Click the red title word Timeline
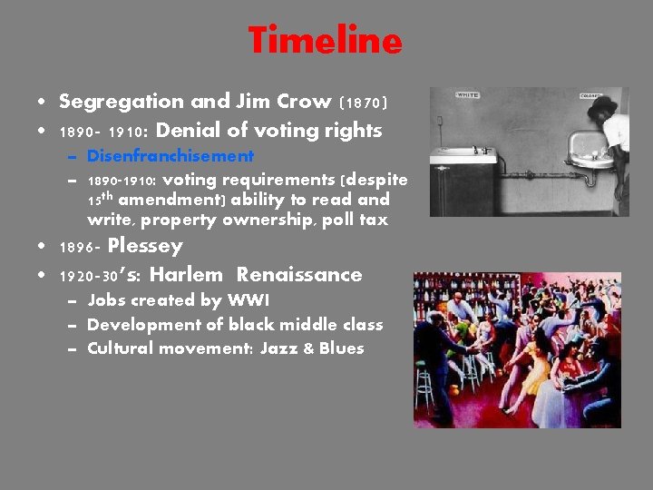pos(325,41)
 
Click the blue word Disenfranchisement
pos(170,156)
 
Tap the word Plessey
pos(145,246)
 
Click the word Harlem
pos(186,274)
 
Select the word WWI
pos(251,300)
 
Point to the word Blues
pos(341,348)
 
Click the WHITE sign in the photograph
pos(468,94)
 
